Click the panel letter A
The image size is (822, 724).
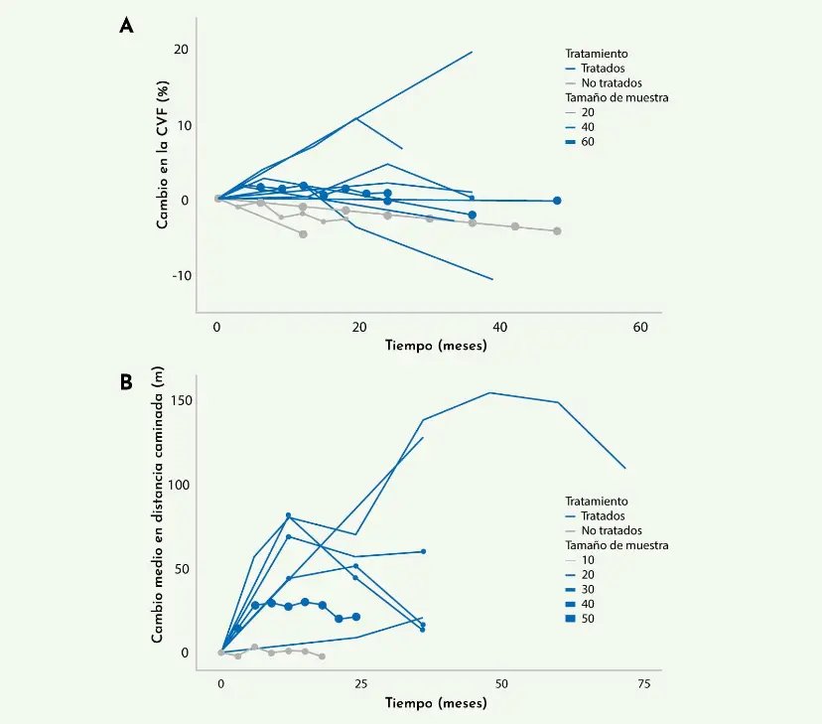tap(126, 27)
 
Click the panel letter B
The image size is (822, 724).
tap(126, 381)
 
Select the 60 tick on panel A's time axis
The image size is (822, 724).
tap(641, 327)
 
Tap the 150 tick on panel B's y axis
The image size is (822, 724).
tap(178, 400)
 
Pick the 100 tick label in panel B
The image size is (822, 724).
tap(178, 485)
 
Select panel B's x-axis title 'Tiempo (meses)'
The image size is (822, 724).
tap(437, 703)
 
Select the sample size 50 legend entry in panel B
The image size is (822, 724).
tap(589, 619)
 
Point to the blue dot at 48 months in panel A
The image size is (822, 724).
tap(557, 201)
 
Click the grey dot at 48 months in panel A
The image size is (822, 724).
tap(557, 231)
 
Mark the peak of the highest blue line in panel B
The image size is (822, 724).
tap(490, 392)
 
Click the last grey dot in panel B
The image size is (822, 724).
tap(322, 656)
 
